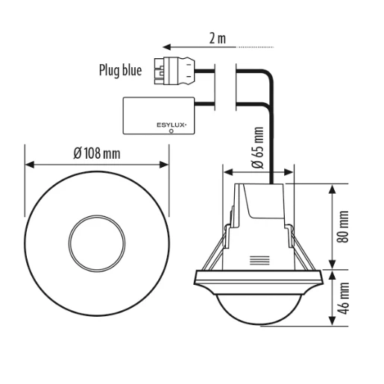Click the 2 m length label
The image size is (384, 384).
(x=217, y=38)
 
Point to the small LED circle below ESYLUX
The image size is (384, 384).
(x=171, y=130)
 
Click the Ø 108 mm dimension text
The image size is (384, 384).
(x=97, y=154)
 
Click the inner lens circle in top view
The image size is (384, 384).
(x=97, y=243)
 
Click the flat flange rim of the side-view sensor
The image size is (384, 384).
(x=258, y=278)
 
